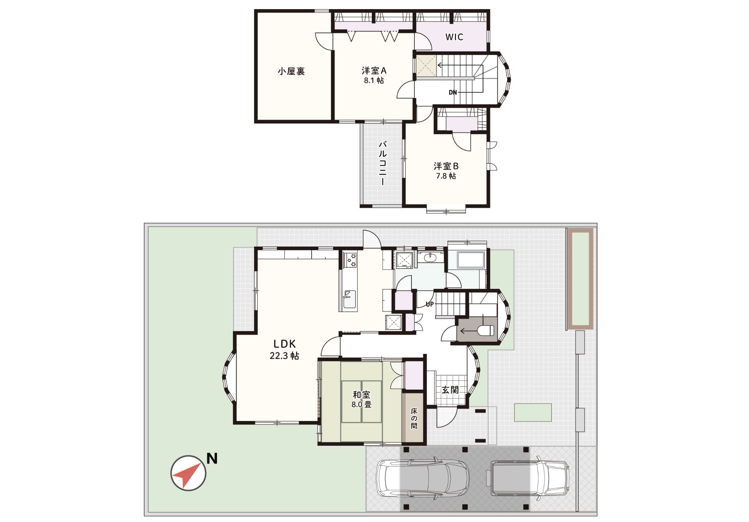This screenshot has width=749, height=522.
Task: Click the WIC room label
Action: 454,37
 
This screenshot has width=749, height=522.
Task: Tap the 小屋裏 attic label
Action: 291,71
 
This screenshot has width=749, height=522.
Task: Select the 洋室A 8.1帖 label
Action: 374,75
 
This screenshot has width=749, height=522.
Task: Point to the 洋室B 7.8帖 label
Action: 446,171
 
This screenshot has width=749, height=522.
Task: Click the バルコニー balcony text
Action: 383,163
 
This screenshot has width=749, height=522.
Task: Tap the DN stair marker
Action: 453,93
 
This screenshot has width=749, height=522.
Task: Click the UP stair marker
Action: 430,304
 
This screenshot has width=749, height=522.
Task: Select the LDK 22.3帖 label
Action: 285,350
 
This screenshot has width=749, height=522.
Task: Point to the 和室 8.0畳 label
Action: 361,399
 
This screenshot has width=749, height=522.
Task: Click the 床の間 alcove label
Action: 414,418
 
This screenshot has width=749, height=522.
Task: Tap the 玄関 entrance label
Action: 450,390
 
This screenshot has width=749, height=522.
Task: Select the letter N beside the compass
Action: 212,458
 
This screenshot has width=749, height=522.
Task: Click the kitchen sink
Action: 349,300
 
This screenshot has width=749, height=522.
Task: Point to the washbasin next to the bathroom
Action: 430,258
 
